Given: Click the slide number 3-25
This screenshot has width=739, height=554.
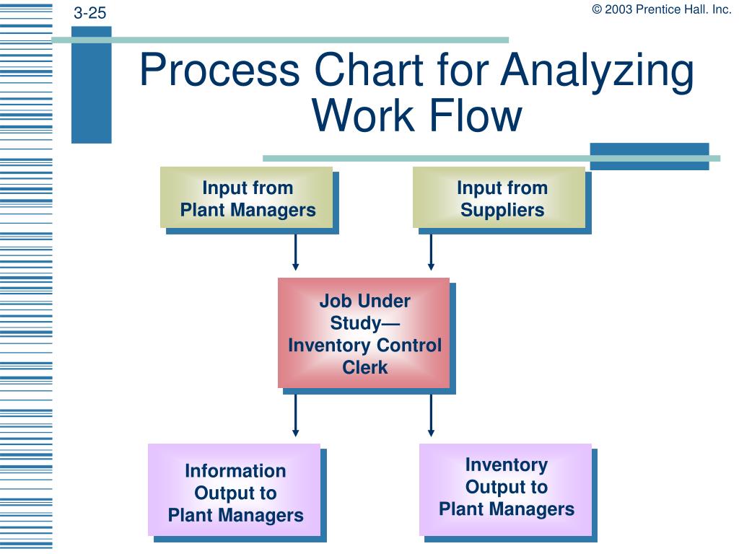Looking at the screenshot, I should [89, 13].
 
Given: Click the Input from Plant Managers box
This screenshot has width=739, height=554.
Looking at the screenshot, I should [247, 198].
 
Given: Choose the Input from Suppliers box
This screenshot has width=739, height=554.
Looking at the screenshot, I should [499, 198].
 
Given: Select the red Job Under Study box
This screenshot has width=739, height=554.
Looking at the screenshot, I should [364, 333].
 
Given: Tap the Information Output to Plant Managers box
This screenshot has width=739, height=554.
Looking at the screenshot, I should [235, 491].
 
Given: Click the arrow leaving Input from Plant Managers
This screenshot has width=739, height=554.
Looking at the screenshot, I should [295, 253].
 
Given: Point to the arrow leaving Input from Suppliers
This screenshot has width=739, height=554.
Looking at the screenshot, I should [431, 253].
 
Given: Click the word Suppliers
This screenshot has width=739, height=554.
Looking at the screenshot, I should [502, 211].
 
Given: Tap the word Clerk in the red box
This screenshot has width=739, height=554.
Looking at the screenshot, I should [364, 368].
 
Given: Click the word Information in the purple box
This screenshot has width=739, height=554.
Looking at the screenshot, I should [235, 471].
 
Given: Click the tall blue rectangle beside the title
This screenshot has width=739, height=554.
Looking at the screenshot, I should [92, 85].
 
